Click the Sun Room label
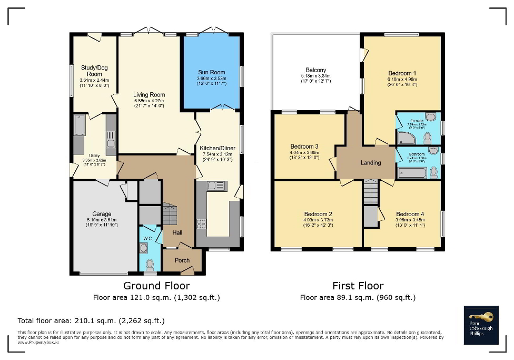coord(211,72)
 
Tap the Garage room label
coord(102,214)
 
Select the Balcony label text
coord(316,70)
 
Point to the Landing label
coord(371,163)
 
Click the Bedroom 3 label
coord(305,146)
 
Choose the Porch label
coord(182,260)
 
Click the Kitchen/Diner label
coord(218,148)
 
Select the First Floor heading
coord(358,286)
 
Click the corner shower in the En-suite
coord(406,138)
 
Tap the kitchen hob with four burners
coord(201,223)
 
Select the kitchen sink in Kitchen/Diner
coord(216,186)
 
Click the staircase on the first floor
coord(371,192)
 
